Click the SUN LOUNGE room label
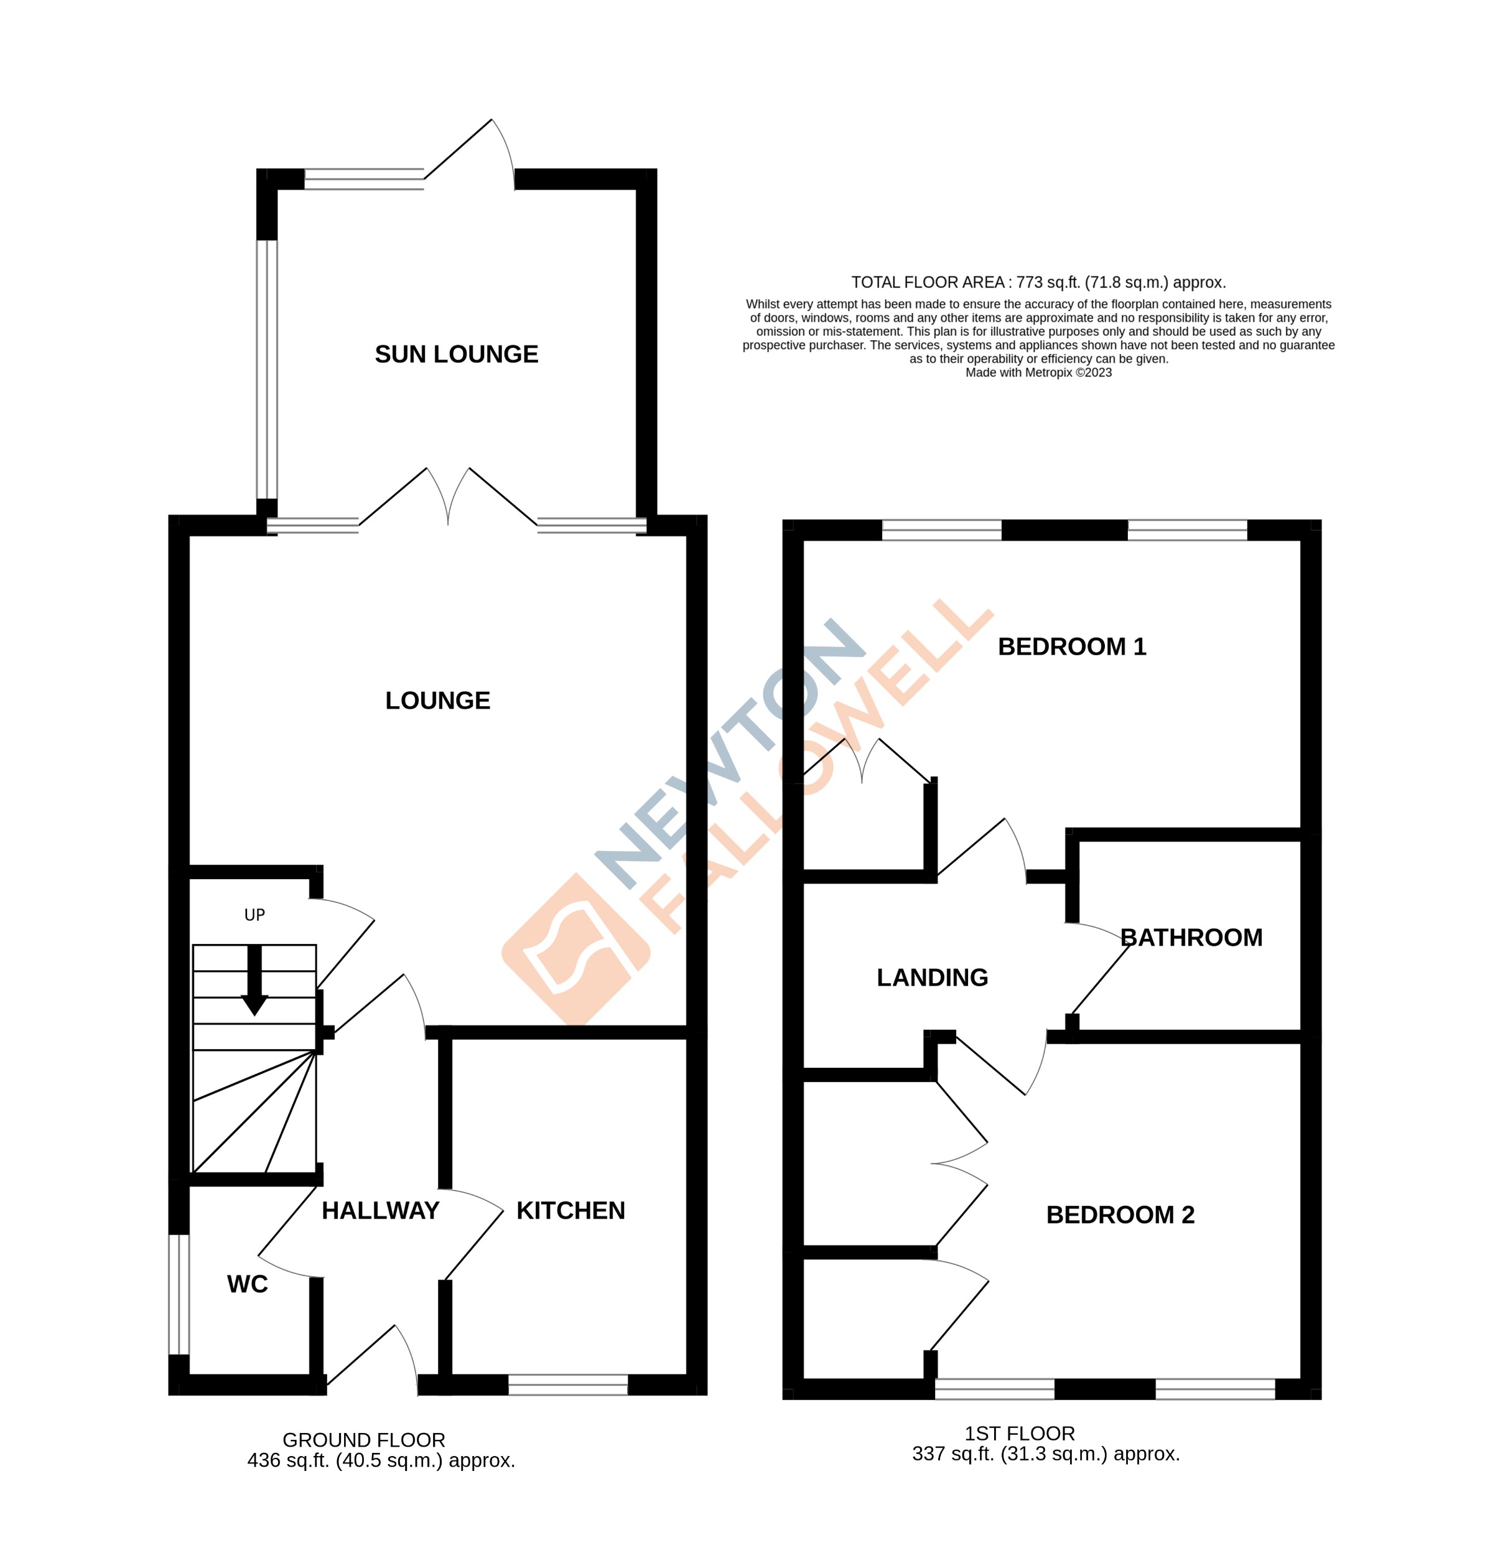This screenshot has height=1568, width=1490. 456,354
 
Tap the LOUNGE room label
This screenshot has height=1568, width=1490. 437,701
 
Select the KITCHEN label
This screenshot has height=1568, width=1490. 570,1211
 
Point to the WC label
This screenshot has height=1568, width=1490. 247,1284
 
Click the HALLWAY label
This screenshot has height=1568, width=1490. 381,1211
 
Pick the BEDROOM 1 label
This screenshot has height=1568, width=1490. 1071,646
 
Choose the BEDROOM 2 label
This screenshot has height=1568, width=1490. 1120,1215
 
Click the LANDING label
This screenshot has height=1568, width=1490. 932,978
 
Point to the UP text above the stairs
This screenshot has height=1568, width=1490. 254,915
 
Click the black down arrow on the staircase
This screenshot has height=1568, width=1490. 254,982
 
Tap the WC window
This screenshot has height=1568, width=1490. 179,1295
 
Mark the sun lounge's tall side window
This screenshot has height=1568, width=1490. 267,370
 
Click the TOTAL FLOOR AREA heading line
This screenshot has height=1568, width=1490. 1038,282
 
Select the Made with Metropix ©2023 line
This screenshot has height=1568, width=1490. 1038,373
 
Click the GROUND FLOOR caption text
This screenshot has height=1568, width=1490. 364,1440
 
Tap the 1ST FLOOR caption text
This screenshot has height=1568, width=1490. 1019,1434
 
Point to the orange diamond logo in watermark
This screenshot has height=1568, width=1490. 576,950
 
